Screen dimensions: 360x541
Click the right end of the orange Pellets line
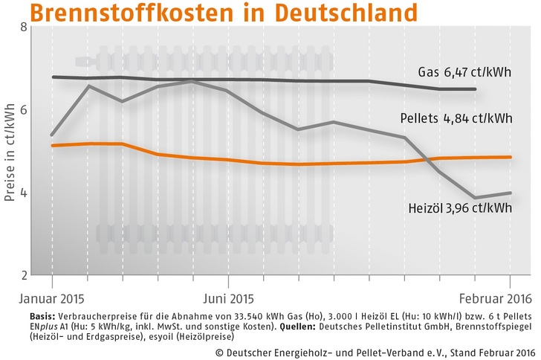click(510, 157)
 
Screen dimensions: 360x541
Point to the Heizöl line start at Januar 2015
click(52, 135)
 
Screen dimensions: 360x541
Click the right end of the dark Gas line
click(475, 89)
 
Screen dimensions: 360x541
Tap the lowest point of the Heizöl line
click(475, 198)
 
